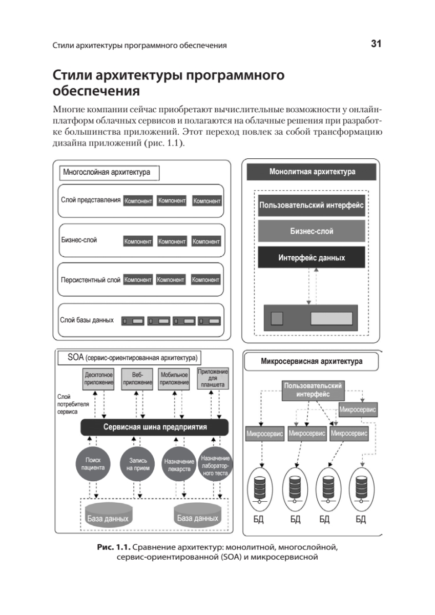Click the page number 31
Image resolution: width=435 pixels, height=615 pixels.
tap(376, 45)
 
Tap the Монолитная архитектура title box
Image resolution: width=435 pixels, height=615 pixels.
tap(312, 172)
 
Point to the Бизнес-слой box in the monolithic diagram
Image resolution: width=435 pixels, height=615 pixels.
tap(312, 231)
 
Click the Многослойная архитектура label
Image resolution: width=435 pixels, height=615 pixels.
tap(107, 173)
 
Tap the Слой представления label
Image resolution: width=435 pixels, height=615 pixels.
tap(91, 200)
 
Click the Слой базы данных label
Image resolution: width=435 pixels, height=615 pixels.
tap(87, 319)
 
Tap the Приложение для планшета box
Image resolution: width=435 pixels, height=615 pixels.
tap(213, 378)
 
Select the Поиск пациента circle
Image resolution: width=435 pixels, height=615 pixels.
tap(93, 464)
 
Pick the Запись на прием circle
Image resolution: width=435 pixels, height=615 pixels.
tap(137, 464)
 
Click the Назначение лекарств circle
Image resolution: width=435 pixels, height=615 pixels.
tap(178, 465)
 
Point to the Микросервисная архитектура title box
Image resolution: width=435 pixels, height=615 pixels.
tap(312, 361)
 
